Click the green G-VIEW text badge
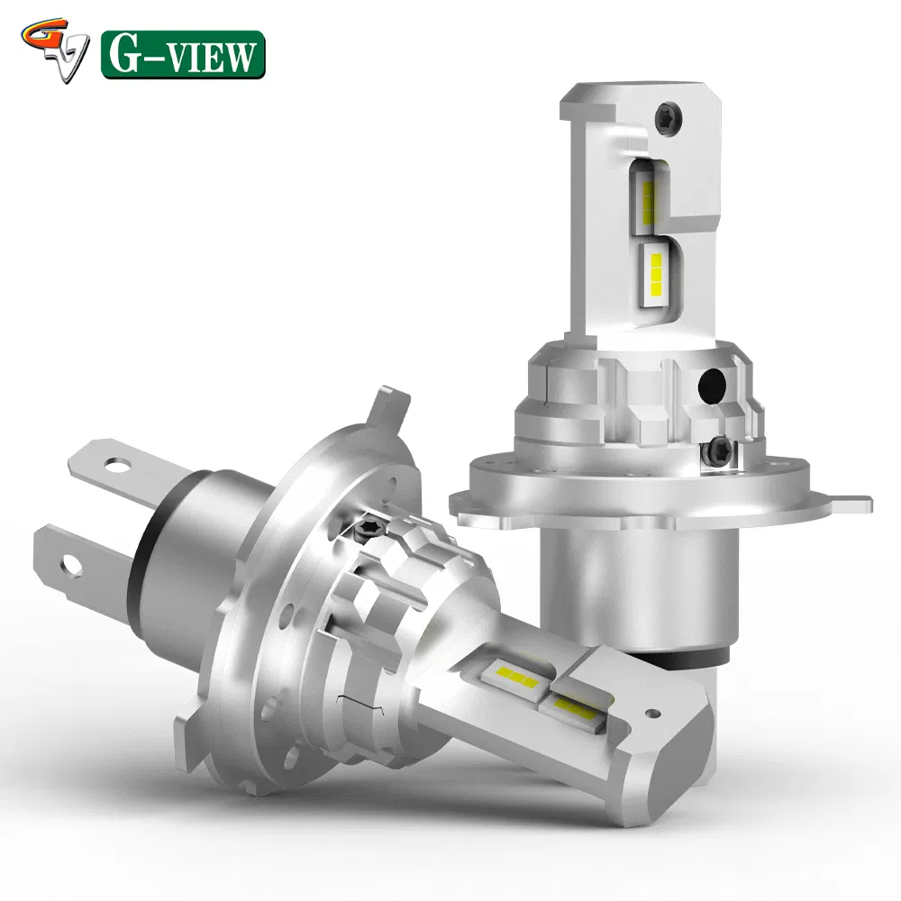pos(183,54)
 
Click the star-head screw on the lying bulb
pos(372,526)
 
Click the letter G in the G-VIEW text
pos(123,55)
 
